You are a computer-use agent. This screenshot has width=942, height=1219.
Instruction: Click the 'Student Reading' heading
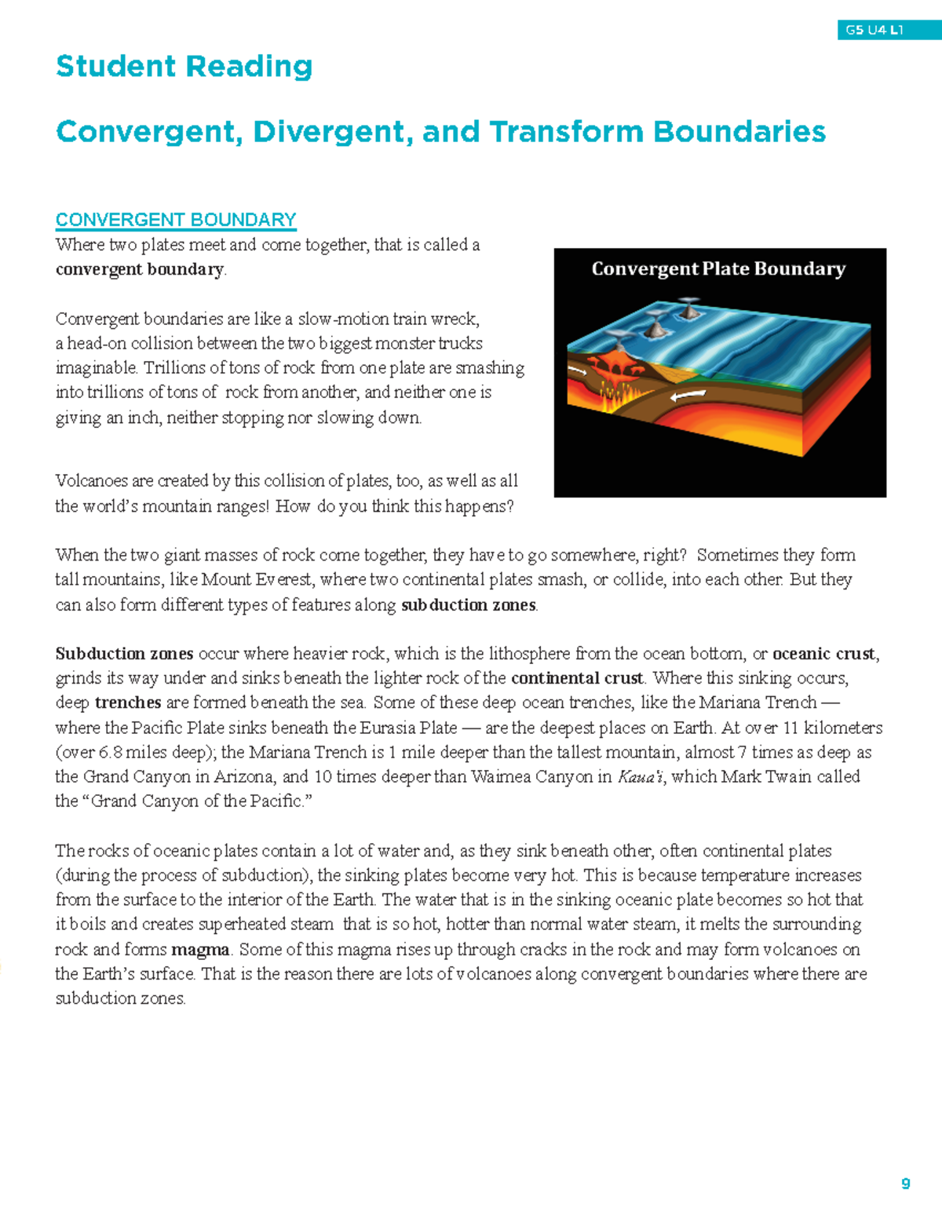coord(184,67)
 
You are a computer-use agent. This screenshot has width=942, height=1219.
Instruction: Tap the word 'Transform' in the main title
coord(564,132)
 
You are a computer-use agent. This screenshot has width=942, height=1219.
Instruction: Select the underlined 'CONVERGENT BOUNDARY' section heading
coord(176,220)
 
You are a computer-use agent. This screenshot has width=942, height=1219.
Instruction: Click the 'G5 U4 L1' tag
coord(874,31)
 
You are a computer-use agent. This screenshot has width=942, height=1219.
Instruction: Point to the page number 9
coord(905,1184)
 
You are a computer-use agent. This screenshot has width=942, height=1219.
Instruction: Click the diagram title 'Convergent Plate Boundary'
coord(718,269)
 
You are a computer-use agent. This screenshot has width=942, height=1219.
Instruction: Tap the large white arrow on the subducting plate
coord(688,396)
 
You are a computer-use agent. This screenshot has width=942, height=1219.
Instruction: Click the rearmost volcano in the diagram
coord(688,307)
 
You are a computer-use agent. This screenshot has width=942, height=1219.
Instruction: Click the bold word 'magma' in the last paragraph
coord(200,950)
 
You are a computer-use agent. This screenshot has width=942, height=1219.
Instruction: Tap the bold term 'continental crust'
coord(577,678)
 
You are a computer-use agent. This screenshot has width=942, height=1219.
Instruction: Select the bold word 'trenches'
coord(128,703)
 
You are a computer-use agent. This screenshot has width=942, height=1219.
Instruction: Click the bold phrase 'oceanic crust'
coord(824,654)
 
